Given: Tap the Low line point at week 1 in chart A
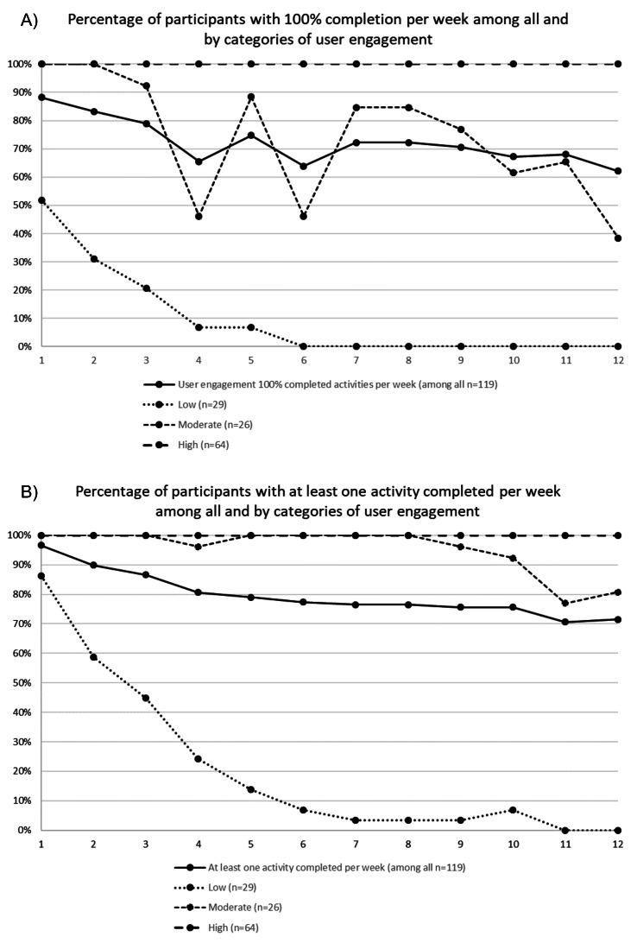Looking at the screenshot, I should click(x=42, y=200).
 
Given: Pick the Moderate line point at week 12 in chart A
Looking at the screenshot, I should click(x=618, y=238).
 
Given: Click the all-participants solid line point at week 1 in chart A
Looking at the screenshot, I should click(x=42, y=98).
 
